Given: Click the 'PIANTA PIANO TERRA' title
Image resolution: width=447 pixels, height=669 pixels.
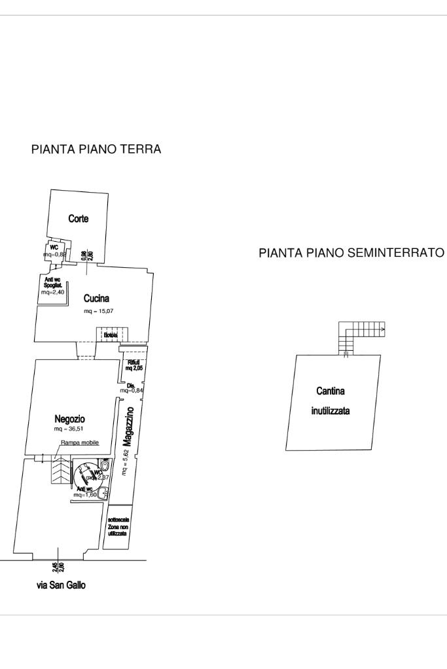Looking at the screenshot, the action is [96, 150].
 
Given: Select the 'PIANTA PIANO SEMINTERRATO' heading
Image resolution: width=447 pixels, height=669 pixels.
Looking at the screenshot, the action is [352, 253].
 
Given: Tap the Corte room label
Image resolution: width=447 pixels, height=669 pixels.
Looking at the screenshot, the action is [79, 219].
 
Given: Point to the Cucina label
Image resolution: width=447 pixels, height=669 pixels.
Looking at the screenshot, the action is [96, 299].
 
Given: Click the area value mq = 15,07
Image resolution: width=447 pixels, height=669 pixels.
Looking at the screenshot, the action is [98, 311].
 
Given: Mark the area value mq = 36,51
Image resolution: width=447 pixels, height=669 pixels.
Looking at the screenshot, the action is [70, 429].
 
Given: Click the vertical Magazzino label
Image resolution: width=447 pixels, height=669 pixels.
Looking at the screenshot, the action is [128, 427].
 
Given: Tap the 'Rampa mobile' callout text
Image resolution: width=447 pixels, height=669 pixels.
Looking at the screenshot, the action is [80, 442].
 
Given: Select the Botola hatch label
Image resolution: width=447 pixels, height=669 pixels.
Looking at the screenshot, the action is [110, 335].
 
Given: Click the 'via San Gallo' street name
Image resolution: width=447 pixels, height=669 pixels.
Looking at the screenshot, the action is [61, 585].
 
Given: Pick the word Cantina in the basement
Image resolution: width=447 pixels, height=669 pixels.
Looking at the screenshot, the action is [331, 391].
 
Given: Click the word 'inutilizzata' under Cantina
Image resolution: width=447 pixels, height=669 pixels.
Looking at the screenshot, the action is [331, 412].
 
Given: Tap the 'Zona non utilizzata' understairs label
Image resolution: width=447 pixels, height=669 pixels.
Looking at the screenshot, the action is [118, 527].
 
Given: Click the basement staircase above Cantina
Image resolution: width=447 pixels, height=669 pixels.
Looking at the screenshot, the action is [361, 334].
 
